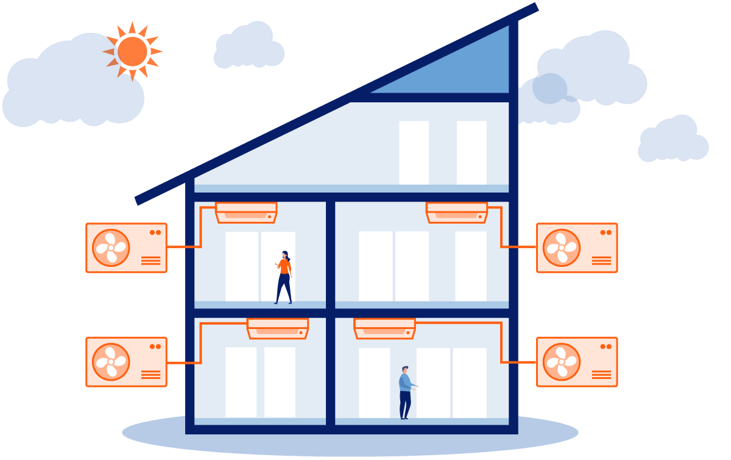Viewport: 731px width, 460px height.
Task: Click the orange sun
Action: coord(133,51)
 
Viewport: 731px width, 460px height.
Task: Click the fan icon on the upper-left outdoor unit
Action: coord(111,247)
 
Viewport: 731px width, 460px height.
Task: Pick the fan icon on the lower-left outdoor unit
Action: coord(111,362)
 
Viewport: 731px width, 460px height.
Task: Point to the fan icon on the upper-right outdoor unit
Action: coord(561,247)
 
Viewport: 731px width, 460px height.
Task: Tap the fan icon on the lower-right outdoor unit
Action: coord(561,362)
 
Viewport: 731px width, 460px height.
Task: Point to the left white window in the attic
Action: coord(414,152)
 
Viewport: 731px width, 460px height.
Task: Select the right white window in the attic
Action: coord(471,152)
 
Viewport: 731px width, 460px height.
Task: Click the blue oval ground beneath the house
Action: coord(152,434)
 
